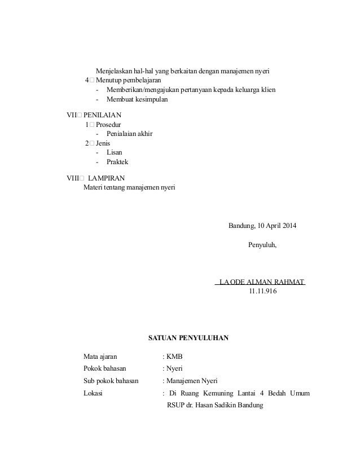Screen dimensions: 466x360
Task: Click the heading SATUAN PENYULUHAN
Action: click(188, 338)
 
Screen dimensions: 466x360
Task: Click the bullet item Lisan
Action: click(114, 152)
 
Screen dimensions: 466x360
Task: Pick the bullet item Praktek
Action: click(117, 162)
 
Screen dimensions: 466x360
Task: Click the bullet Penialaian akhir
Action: click(129, 134)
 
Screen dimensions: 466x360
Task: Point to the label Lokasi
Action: click(93, 394)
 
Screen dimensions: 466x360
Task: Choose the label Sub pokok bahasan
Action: click(111, 381)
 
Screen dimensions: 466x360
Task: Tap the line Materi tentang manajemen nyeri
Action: click(129, 187)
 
